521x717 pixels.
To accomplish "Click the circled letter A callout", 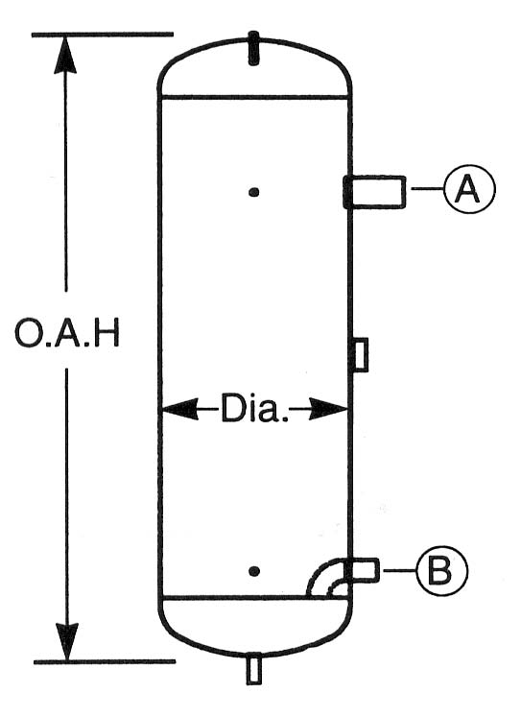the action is pos(469,189).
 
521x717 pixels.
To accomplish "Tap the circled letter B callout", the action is pos(441,571).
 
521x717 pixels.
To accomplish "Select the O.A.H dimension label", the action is pos(67,333).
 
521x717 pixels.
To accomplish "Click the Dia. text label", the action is pos(255,408).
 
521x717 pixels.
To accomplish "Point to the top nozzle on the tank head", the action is pos(253,48).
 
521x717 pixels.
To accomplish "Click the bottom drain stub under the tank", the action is pos(254,670).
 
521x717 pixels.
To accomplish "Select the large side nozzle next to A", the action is pos(375,192).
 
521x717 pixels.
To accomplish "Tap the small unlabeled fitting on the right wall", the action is pos(361,354).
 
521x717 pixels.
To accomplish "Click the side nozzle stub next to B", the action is pos(364,570).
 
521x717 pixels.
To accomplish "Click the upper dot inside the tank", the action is pos(254,192).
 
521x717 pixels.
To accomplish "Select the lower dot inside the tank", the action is pos(254,571).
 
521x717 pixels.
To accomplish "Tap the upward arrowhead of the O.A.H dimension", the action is pos(65,54).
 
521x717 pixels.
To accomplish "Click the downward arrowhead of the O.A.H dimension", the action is pos(67,641).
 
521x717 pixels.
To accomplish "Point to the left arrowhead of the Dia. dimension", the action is pos(180,408).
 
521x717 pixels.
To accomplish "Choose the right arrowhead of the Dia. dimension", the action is pos(328,408).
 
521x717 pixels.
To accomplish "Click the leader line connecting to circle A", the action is pos(427,188).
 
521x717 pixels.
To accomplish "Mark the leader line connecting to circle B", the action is pos(400,571).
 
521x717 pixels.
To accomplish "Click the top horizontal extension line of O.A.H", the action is pos(103,34).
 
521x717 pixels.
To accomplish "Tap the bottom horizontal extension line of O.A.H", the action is pos(105,661).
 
